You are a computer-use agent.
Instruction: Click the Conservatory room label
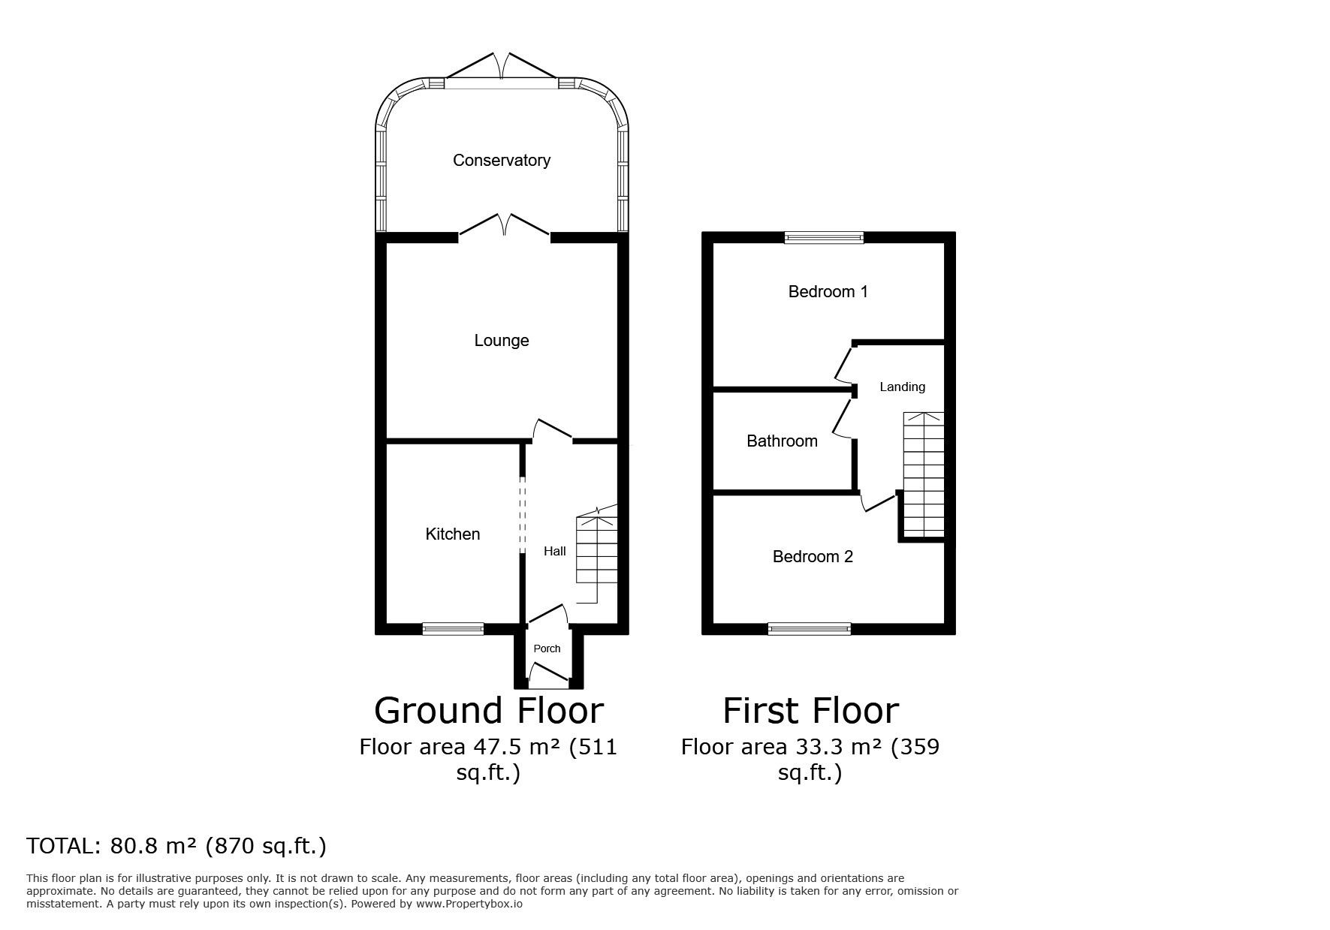(501, 160)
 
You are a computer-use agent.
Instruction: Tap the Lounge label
(502, 341)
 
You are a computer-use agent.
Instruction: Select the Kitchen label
(453, 534)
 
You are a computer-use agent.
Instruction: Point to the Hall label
(555, 551)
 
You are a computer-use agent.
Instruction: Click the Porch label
(547, 649)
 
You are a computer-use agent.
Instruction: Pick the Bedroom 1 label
(828, 291)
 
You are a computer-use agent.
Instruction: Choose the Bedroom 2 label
(813, 556)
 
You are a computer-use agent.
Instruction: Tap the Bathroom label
(782, 441)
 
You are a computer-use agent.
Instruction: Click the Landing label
(902, 387)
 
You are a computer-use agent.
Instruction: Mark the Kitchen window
(453, 629)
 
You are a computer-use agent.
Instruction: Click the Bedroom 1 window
(824, 237)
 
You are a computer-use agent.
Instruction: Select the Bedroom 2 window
(810, 629)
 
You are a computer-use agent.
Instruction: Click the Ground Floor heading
(489, 710)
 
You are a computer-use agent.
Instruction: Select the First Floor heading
(810, 710)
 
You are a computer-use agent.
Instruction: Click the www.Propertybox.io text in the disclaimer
(469, 904)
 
